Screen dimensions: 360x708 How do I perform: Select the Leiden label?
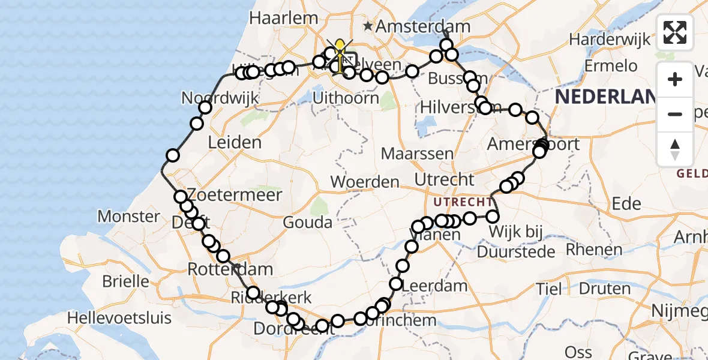click(235, 143)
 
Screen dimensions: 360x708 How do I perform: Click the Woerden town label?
click(365, 181)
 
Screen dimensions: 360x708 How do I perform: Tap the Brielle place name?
click(126, 281)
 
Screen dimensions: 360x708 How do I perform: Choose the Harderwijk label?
click(610, 40)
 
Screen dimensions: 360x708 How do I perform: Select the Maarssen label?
click(417, 154)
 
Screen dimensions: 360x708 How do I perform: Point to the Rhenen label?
click(594, 249)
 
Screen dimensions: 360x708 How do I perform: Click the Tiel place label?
click(550, 289)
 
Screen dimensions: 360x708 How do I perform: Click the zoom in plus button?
click(675, 79)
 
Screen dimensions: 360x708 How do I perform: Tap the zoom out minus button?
click(675, 114)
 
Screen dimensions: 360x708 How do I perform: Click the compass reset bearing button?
click(675, 149)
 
